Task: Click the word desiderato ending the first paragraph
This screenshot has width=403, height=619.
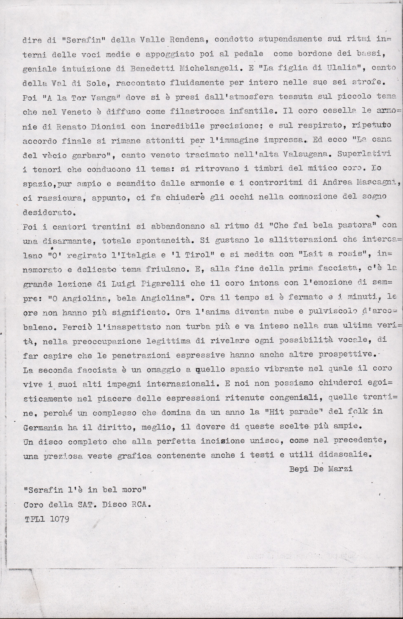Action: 49,213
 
